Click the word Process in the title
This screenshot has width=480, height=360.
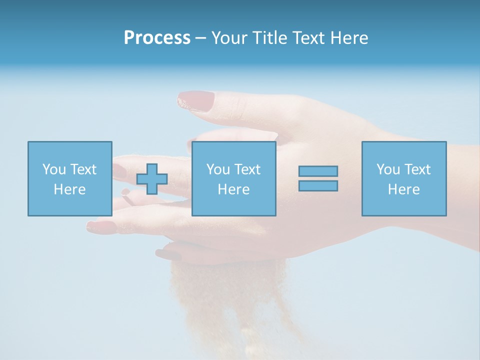coord(157,38)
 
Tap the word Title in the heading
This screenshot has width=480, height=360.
coord(269,38)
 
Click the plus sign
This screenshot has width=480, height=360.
coord(152,179)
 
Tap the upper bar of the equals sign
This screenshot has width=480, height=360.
coord(318,171)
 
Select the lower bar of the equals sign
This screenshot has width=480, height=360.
coord(318,185)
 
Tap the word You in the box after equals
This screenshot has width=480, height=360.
coord(387,169)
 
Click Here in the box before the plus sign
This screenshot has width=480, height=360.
coord(69,189)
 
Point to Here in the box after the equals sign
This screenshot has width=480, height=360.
coord(403,189)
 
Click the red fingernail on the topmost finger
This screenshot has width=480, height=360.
coord(195,100)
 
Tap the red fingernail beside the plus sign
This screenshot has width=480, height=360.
coord(119,171)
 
